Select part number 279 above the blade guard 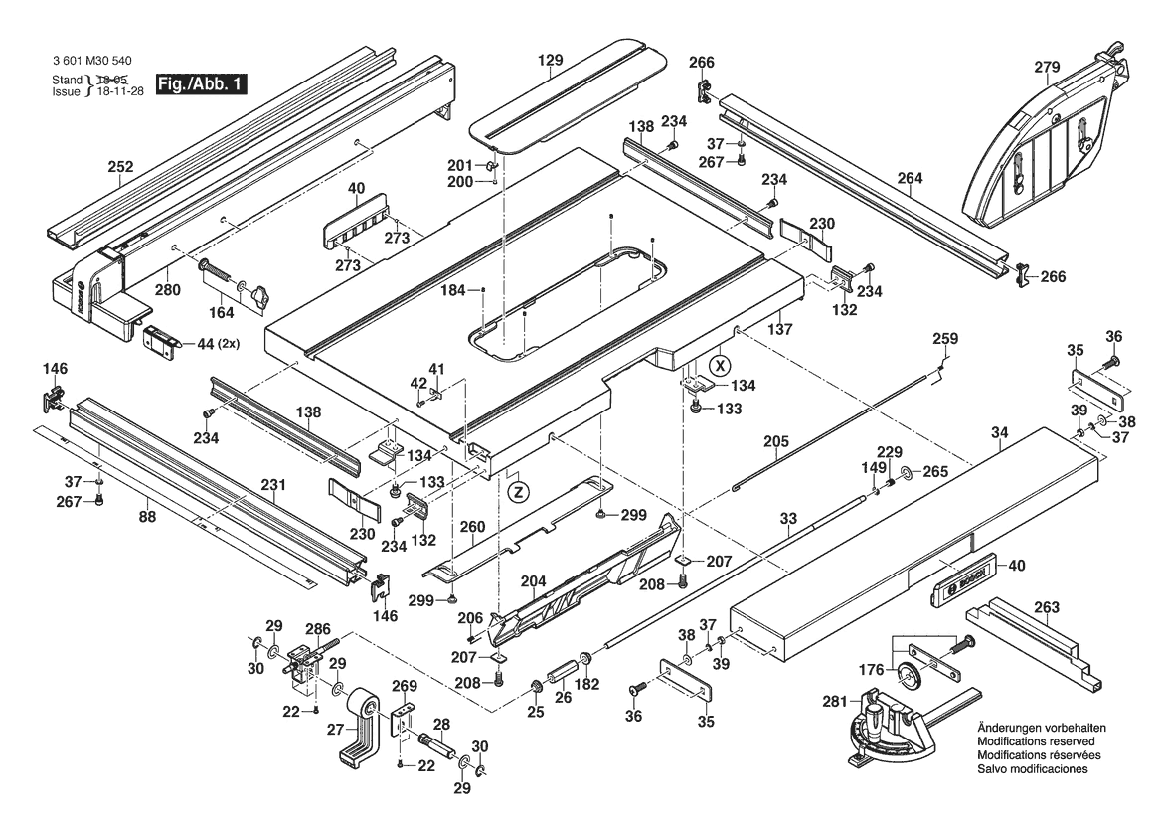(x=1048, y=67)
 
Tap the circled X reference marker (x=720, y=365)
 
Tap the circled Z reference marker (x=516, y=490)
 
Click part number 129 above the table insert (x=551, y=61)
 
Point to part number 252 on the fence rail (x=120, y=168)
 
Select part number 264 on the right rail (x=910, y=179)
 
